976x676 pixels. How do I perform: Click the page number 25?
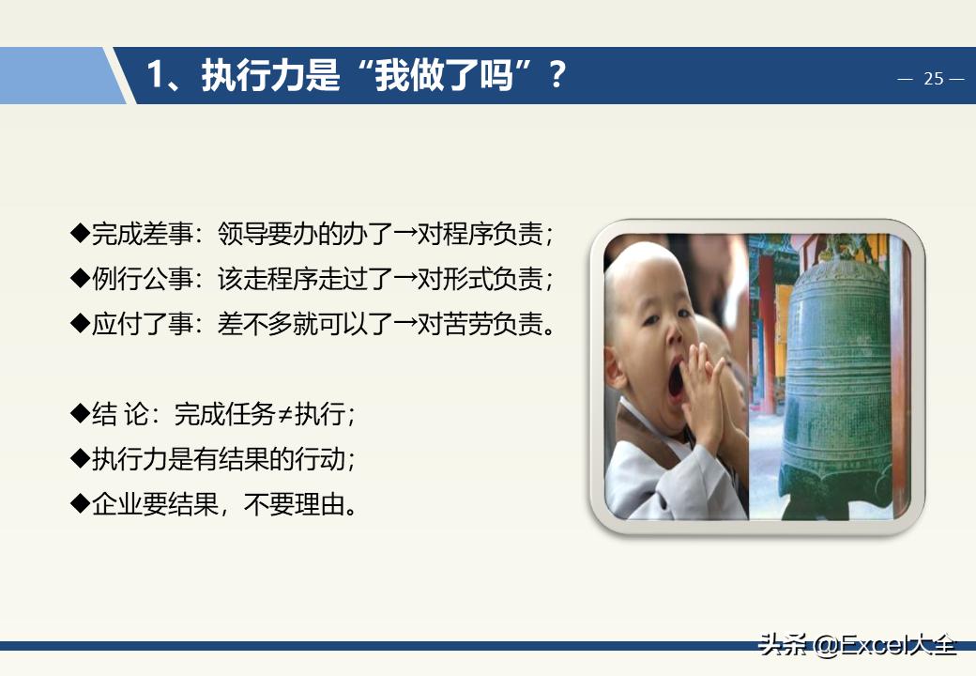coord(933,79)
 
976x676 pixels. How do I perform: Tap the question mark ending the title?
coord(557,75)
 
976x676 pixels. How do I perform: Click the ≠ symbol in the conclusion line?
coord(284,414)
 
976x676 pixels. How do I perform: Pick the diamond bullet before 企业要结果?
coord(80,504)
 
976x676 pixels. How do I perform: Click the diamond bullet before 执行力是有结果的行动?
coord(80,459)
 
